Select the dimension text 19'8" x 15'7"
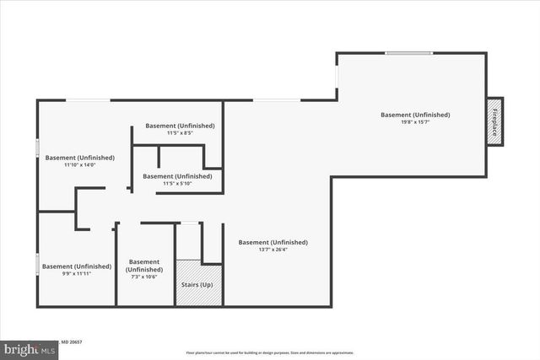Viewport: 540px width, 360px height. click(415, 123)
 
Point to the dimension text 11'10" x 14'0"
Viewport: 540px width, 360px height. click(80, 165)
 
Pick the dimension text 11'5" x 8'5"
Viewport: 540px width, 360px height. click(180, 133)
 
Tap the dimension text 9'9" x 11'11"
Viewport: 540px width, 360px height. click(77, 274)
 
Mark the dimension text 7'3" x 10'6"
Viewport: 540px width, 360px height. click(145, 278)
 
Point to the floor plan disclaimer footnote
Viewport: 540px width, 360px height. click(270, 352)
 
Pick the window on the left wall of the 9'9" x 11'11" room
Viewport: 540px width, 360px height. click(37, 265)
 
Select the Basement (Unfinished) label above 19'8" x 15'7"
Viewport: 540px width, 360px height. click(415, 115)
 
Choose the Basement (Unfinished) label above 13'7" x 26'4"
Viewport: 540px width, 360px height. click(273, 242)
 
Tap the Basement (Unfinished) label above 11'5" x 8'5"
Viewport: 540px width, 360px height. click(180, 126)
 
